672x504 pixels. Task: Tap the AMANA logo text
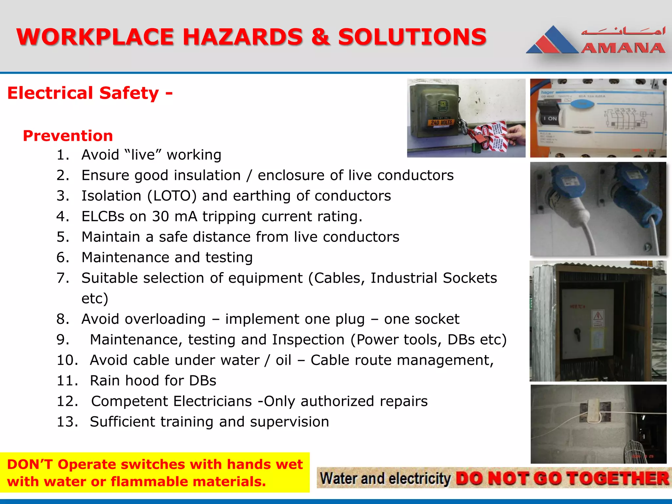623,48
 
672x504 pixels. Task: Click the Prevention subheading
68,136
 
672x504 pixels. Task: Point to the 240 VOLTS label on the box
441,122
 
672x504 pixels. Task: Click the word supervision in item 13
289,422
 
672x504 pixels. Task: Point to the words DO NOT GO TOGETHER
562,479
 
